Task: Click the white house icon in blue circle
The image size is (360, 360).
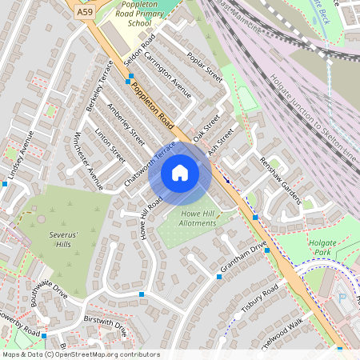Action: point(180,173)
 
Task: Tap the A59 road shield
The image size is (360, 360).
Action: point(85,13)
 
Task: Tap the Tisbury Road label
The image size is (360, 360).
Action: point(258,300)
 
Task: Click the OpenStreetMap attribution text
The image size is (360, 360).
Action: point(80,354)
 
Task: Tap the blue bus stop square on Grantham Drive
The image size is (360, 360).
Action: point(219,277)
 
